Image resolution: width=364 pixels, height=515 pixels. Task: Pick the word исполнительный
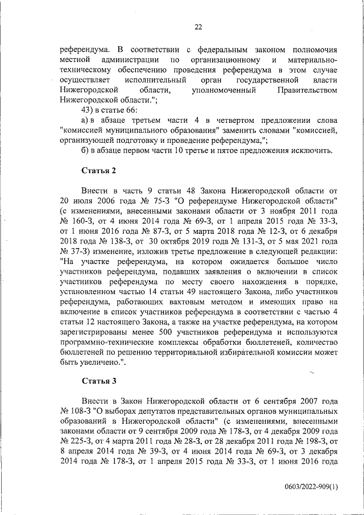click(150, 80)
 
